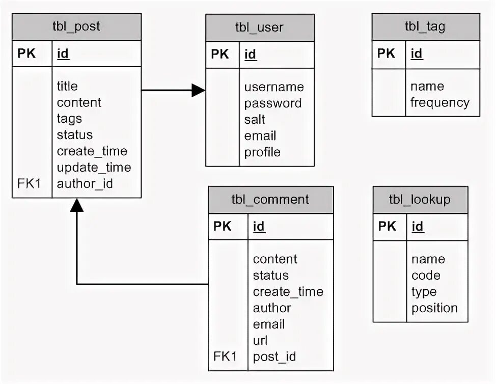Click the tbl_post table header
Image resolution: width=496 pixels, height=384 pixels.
pos(76,26)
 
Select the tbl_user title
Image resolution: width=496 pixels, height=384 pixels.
pos(259,28)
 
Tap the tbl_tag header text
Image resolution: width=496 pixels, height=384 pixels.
pos(425,27)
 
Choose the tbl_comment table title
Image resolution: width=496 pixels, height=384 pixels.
pos(270,200)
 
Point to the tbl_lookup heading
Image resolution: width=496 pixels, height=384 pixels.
pos(420,200)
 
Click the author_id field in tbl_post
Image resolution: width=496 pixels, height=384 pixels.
pos(85,184)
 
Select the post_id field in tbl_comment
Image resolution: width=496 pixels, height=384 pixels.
pos(274,357)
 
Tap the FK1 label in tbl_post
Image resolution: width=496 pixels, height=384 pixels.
pos(29,183)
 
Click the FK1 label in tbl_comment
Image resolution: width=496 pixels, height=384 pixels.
pos(225,356)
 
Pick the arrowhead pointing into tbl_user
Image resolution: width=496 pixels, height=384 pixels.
pos(199,90)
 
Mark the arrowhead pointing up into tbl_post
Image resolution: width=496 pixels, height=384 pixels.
pos(77,205)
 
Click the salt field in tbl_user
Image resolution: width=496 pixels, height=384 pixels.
pos(255,120)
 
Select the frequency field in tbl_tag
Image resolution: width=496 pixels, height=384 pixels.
pos(440,103)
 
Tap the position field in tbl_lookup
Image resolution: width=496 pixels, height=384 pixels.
pos(434,308)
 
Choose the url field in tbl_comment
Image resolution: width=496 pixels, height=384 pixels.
pos(260,340)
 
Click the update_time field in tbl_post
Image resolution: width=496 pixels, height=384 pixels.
pos(94,168)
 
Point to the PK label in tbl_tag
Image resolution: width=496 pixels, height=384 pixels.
pos(386,53)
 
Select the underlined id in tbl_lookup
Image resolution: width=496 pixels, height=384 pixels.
pos(418,227)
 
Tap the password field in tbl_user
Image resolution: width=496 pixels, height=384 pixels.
pos(273,103)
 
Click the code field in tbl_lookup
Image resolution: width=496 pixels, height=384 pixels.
pos(426,276)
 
